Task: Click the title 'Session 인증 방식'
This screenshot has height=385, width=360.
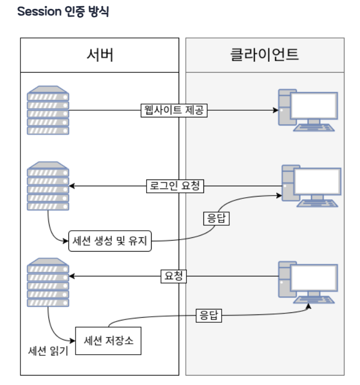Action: pos(63,12)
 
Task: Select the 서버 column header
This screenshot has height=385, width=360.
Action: pos(100,55)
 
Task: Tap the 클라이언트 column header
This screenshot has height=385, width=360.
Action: pos(265,55)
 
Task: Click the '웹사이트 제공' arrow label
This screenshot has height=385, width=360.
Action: pos(173,110)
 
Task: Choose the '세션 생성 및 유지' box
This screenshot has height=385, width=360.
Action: pos(110,240)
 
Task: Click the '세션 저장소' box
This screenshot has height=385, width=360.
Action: pos(108,341)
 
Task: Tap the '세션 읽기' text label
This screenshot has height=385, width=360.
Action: pos(47,350)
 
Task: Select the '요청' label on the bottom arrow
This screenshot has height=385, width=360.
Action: pos(173,276)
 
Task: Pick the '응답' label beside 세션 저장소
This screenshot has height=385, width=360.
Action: pos(208,316)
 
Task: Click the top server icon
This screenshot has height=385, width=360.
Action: pos(48,110)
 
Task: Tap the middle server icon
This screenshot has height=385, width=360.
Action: pos(48,186)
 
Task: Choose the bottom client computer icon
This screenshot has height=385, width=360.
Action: pos(308,282)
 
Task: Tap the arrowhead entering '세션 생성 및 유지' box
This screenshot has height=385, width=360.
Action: pos(66,240)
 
